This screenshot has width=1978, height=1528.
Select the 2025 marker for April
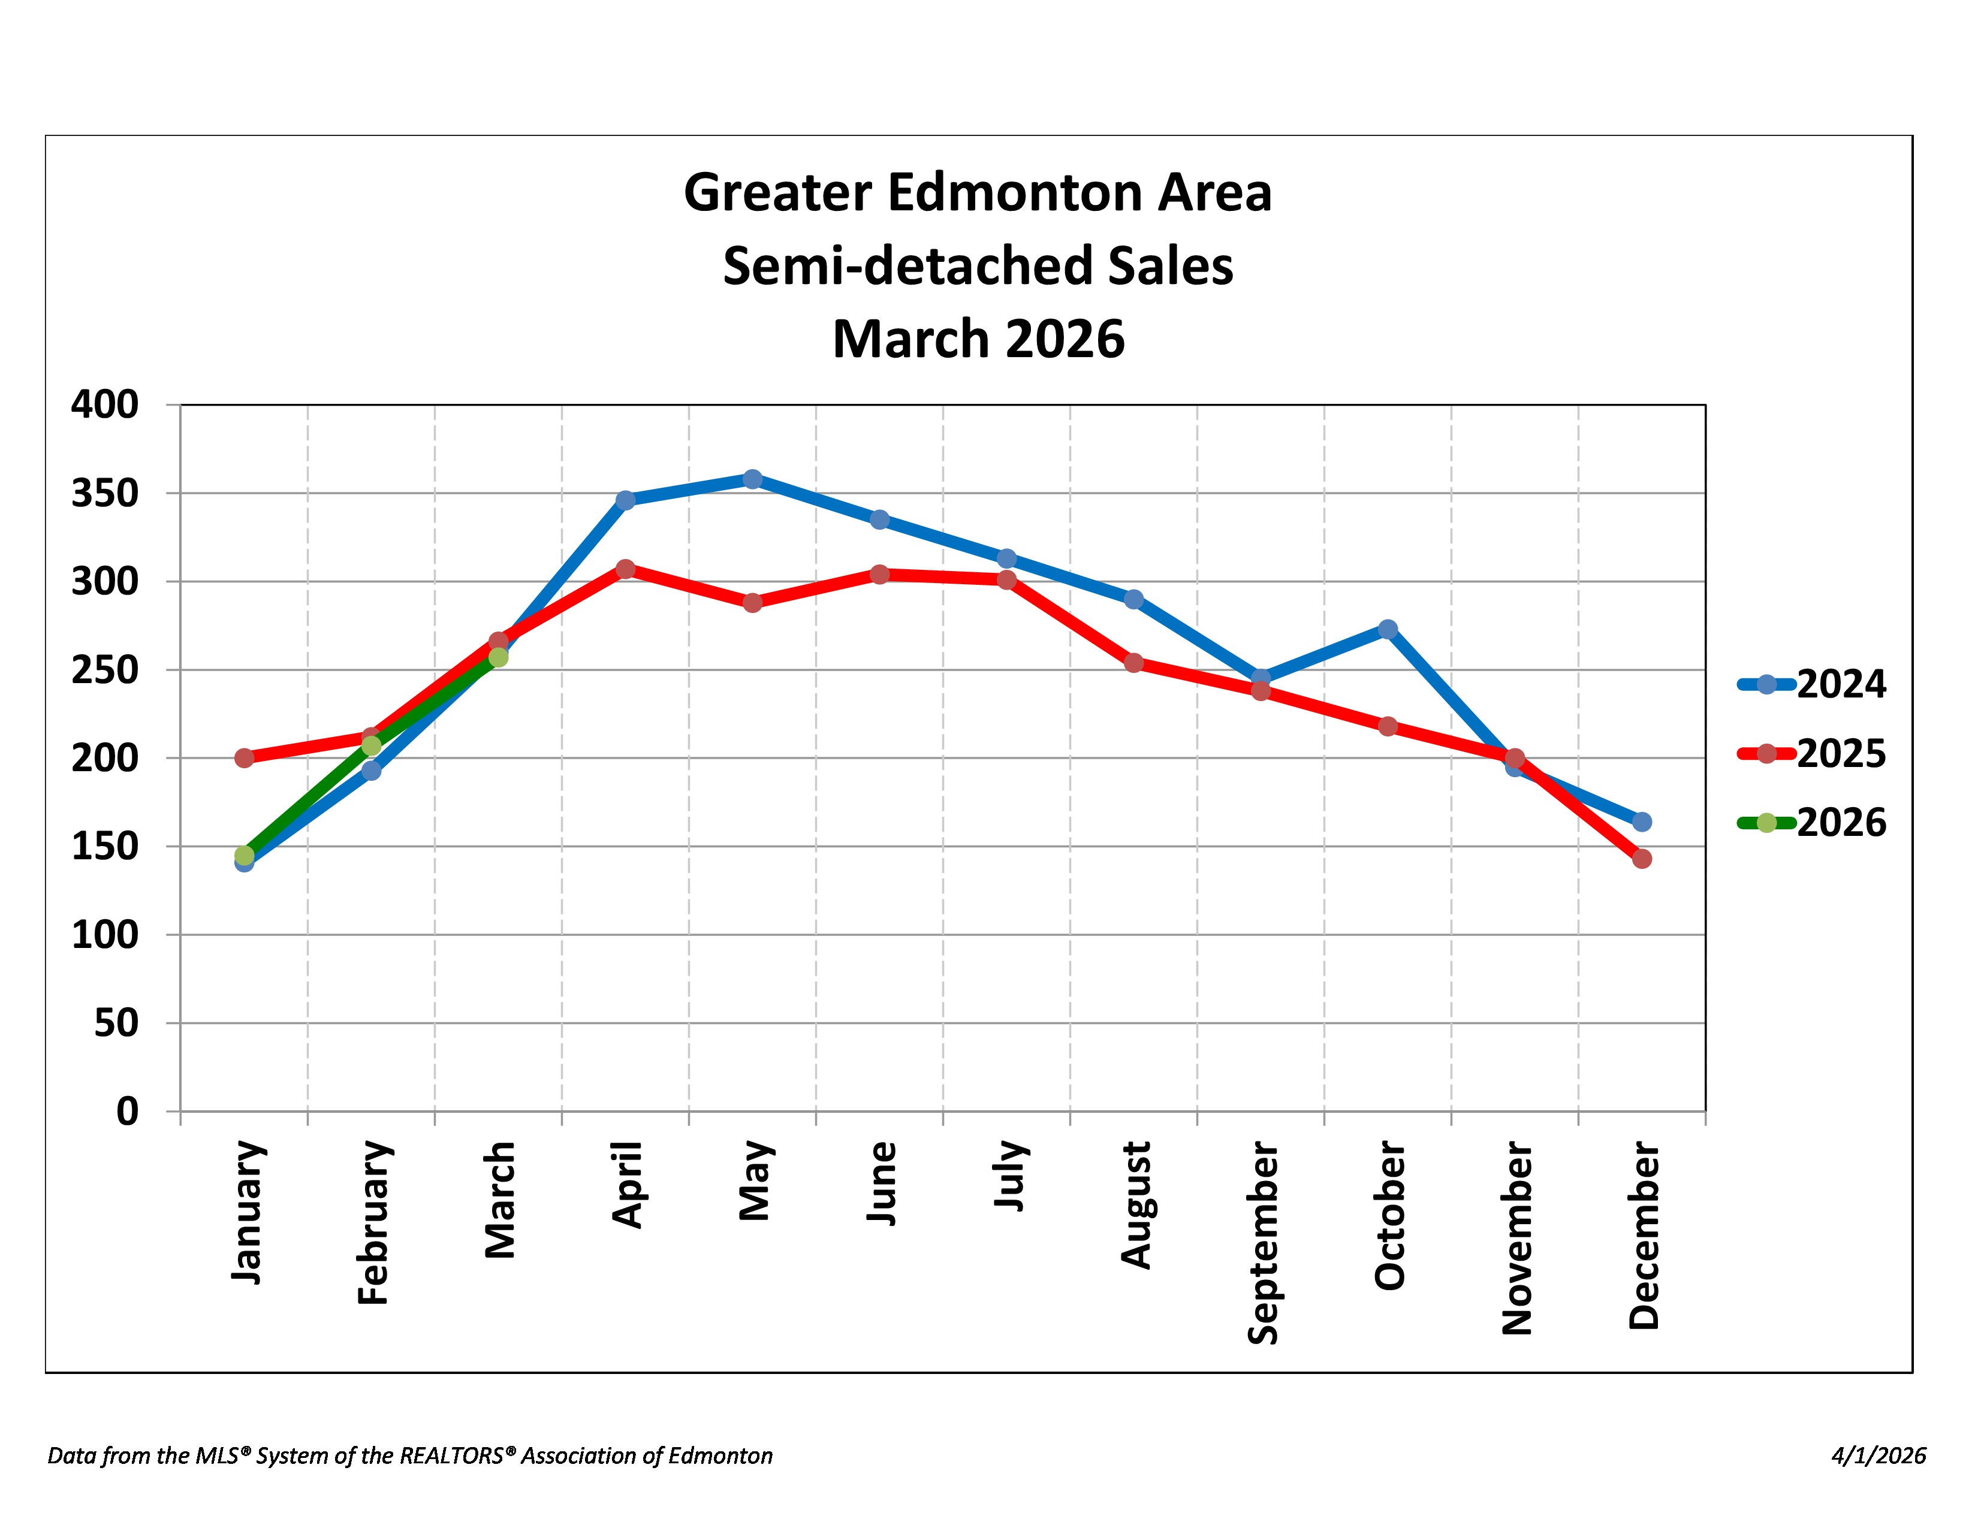626,569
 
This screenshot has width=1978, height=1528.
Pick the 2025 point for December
1642,858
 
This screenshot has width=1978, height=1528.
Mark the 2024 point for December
1642,821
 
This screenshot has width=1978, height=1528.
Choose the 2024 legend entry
1811,684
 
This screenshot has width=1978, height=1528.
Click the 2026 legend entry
1811,823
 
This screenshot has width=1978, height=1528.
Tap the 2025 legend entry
1811,753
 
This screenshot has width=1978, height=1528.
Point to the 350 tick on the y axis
105,493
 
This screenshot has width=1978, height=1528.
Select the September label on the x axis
1262,1243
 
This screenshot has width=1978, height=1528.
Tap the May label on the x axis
755,1181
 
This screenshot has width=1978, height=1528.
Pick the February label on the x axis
373,1223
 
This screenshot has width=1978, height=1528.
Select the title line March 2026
978,339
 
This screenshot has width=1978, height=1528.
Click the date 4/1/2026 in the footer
1879,1455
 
